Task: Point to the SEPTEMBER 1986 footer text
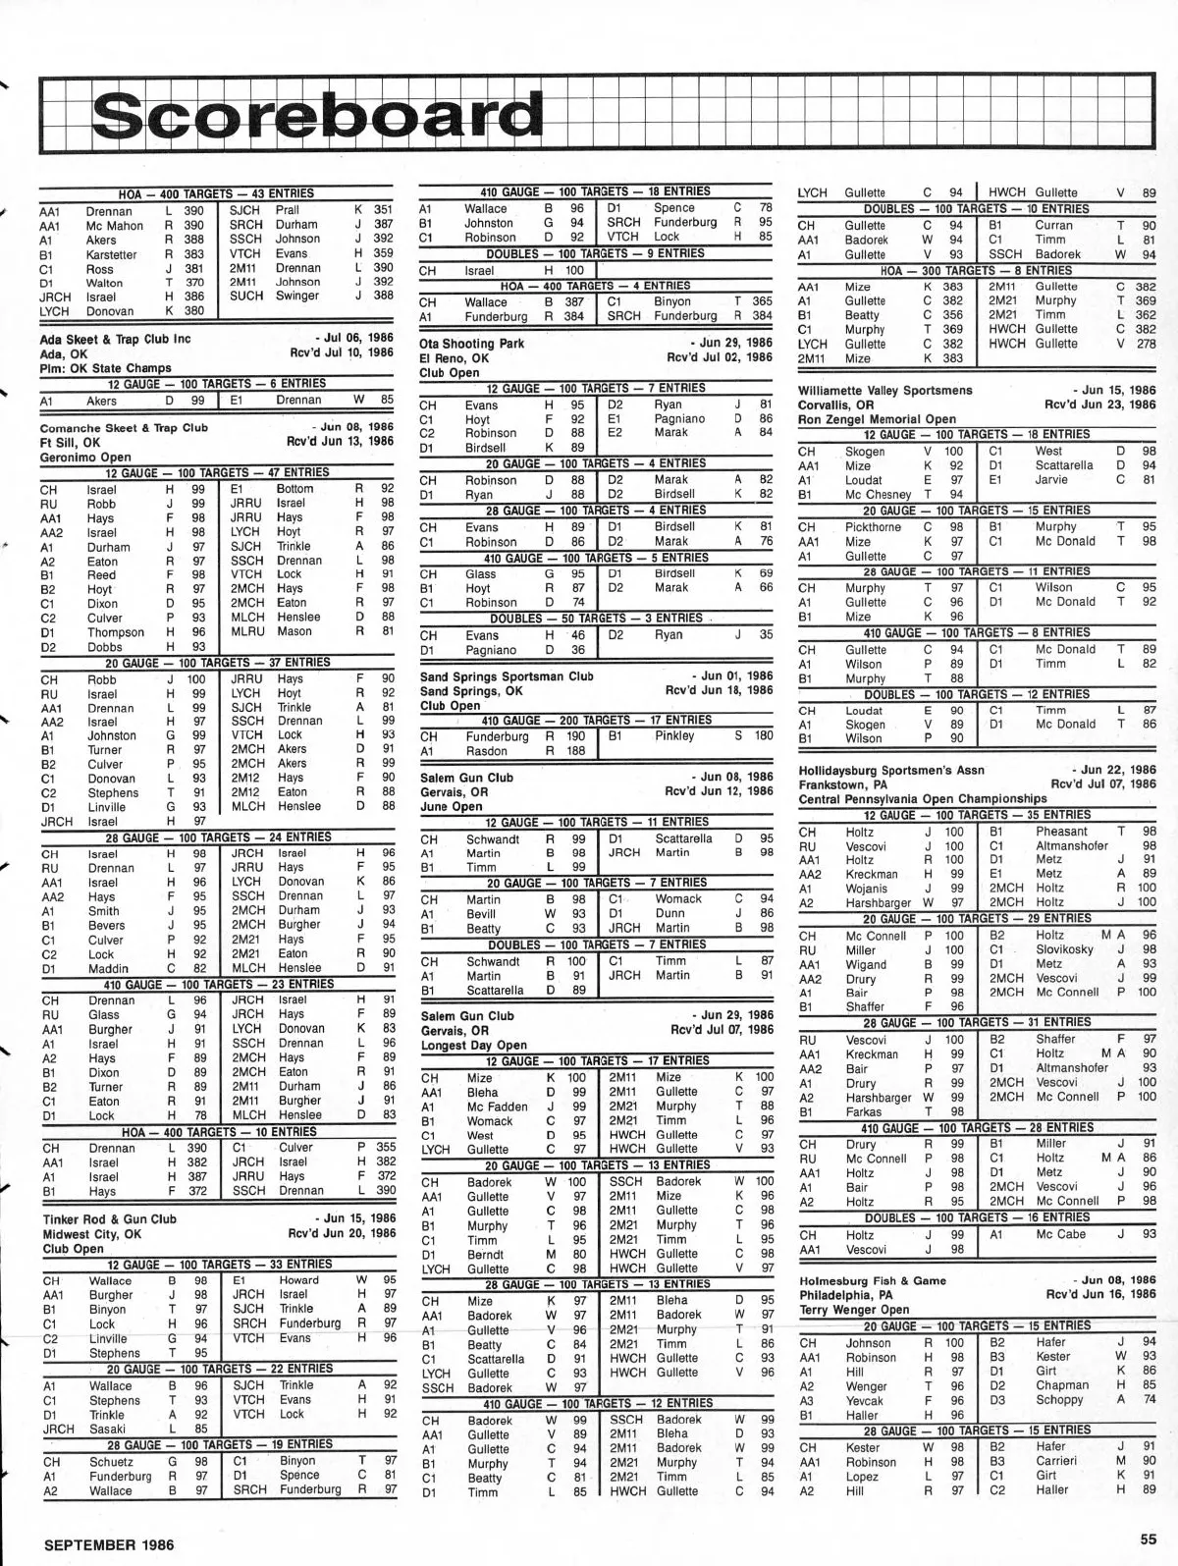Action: tap(109, 1543)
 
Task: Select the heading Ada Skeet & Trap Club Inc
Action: tap(116, 340)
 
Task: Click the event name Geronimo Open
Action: tap(85, 458)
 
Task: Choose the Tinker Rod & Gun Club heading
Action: tap(110, 1219)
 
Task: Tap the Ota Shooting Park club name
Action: tap(472, 344)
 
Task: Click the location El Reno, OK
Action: tap(454, 358)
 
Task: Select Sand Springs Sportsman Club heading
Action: tap(507, 676)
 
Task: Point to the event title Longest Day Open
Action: tap(473, 1046)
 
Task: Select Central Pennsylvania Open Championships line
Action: tap(923, 799)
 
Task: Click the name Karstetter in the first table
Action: tap(111, 254)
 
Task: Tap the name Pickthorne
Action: tap(873, 527)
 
